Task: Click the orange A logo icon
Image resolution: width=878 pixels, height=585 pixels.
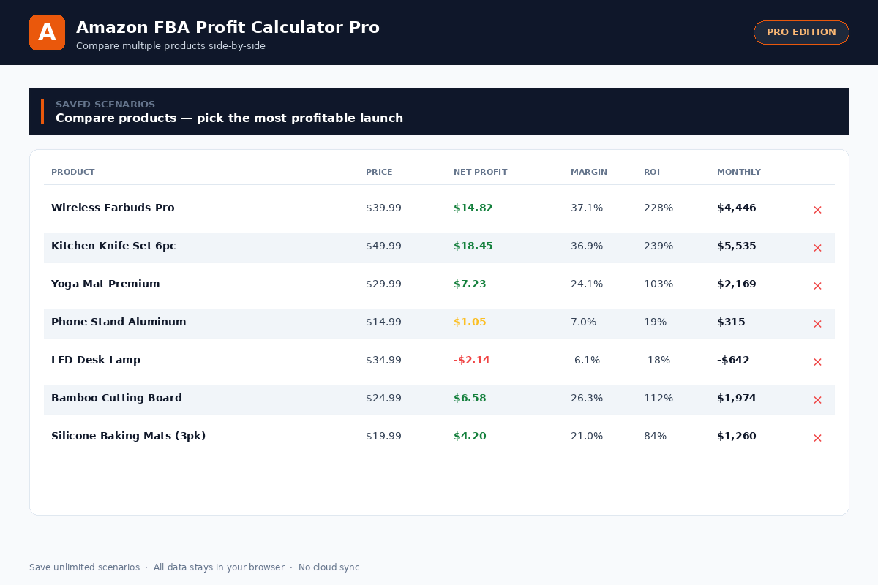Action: click(x=47, y=33)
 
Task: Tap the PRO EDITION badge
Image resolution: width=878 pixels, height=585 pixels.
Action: click(x=801, y=32)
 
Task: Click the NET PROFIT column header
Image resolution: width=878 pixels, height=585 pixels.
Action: click(x=480, y=173)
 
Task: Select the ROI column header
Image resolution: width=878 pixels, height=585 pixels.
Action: click(x=651, y=173)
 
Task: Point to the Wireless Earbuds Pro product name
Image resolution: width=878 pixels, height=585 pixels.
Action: click(x=113, y=208)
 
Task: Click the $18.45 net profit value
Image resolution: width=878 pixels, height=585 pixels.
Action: click(x=473, y=246)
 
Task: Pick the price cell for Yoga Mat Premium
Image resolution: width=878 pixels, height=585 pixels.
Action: click(x=383, y=284)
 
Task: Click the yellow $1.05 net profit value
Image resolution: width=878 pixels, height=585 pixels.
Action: click(x=470, y=322)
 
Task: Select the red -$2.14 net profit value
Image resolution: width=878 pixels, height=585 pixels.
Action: click(x=471, y=361)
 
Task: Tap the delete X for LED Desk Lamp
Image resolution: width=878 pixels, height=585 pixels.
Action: click(x=817, y=362)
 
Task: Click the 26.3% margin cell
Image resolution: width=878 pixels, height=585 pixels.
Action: click(x=587, y=399)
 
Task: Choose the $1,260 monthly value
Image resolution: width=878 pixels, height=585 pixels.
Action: click(x=736, y=437)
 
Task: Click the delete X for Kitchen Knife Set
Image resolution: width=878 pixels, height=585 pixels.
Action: click(x=817, y=248)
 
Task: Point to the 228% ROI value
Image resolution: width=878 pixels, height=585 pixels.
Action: click(x=658, y=208)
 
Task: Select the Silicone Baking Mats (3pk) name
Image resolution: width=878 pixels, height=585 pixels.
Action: click(x=128, y=437)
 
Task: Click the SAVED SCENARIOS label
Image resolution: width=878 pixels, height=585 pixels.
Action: click(x=105, y=105)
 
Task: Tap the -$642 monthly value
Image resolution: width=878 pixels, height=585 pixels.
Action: click(x=733, y=361)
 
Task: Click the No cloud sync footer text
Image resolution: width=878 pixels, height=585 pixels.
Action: click(x=329, y=567)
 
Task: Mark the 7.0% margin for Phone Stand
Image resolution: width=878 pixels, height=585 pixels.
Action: click(x=583, y=322)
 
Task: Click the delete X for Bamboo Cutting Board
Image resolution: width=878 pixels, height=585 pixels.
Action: click(x=817, y=400)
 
